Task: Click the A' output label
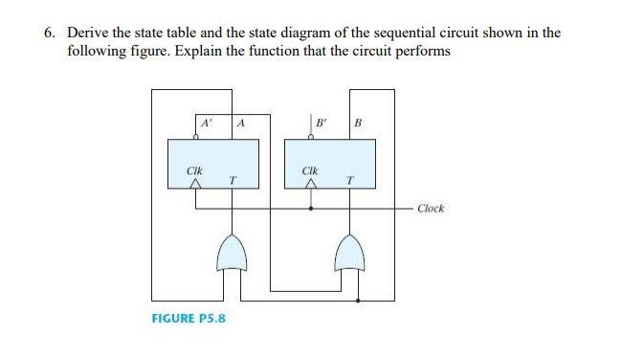point(204,123)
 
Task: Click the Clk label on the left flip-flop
point(194,172)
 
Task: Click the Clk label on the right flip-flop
point(309,172)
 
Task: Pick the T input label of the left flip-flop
point(233,179)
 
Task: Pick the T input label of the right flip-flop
point(349,179)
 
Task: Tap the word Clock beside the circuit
point(431,208)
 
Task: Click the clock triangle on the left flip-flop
point(195,186)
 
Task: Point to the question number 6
point(49,33)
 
